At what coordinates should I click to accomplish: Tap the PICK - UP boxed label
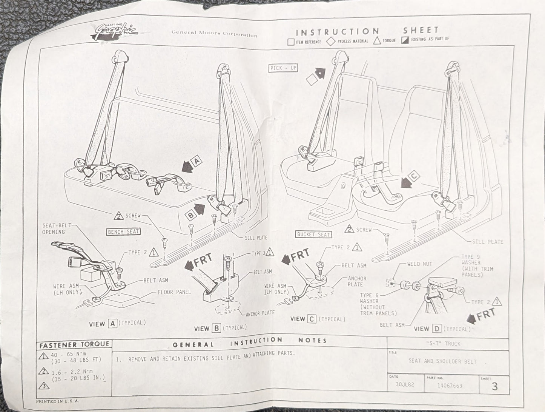[283, 68]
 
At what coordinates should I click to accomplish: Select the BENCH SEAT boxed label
[123, 231]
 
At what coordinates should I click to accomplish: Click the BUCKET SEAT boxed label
[313, 235]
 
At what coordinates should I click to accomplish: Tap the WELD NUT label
[419, 264]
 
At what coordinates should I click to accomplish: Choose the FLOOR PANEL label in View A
[174, 292]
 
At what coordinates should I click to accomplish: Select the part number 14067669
[450, 386]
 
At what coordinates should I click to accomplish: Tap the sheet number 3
[494, 386]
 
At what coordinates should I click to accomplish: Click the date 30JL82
[402, 386]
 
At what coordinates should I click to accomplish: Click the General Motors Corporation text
[214, 34]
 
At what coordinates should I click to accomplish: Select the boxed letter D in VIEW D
[436, 329]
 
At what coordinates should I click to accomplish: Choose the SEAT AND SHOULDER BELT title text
[442, 361]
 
